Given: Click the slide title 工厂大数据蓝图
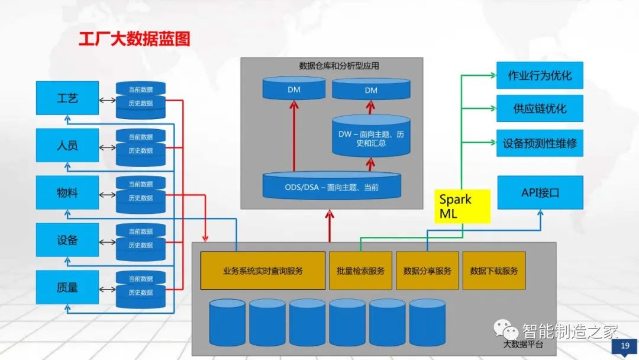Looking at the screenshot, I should coord(134,40).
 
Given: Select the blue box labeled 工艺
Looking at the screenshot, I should coord(67,98).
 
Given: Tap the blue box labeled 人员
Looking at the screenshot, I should coord(67,146).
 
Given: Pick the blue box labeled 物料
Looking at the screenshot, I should coord(67,193).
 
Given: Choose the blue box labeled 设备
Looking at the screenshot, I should coord(67,240).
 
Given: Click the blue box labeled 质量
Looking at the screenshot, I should coord(67,288).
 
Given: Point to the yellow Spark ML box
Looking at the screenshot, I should coord(463,206).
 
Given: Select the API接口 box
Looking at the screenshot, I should coord(540,192).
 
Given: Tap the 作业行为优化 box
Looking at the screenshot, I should coord(540,76).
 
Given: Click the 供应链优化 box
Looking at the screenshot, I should coord(540,109).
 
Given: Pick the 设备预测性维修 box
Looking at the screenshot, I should coord(540,143).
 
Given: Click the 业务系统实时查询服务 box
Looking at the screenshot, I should coord(263,271).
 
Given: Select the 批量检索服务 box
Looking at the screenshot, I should coord(360,271).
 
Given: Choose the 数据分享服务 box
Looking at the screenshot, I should coord(427,271).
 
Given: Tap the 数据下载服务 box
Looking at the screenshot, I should coord(494,271).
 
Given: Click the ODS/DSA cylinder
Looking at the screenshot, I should coord(331,187).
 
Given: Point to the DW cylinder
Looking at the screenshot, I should coord(371,138).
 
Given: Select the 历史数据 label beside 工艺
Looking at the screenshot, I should coord(141,104).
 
